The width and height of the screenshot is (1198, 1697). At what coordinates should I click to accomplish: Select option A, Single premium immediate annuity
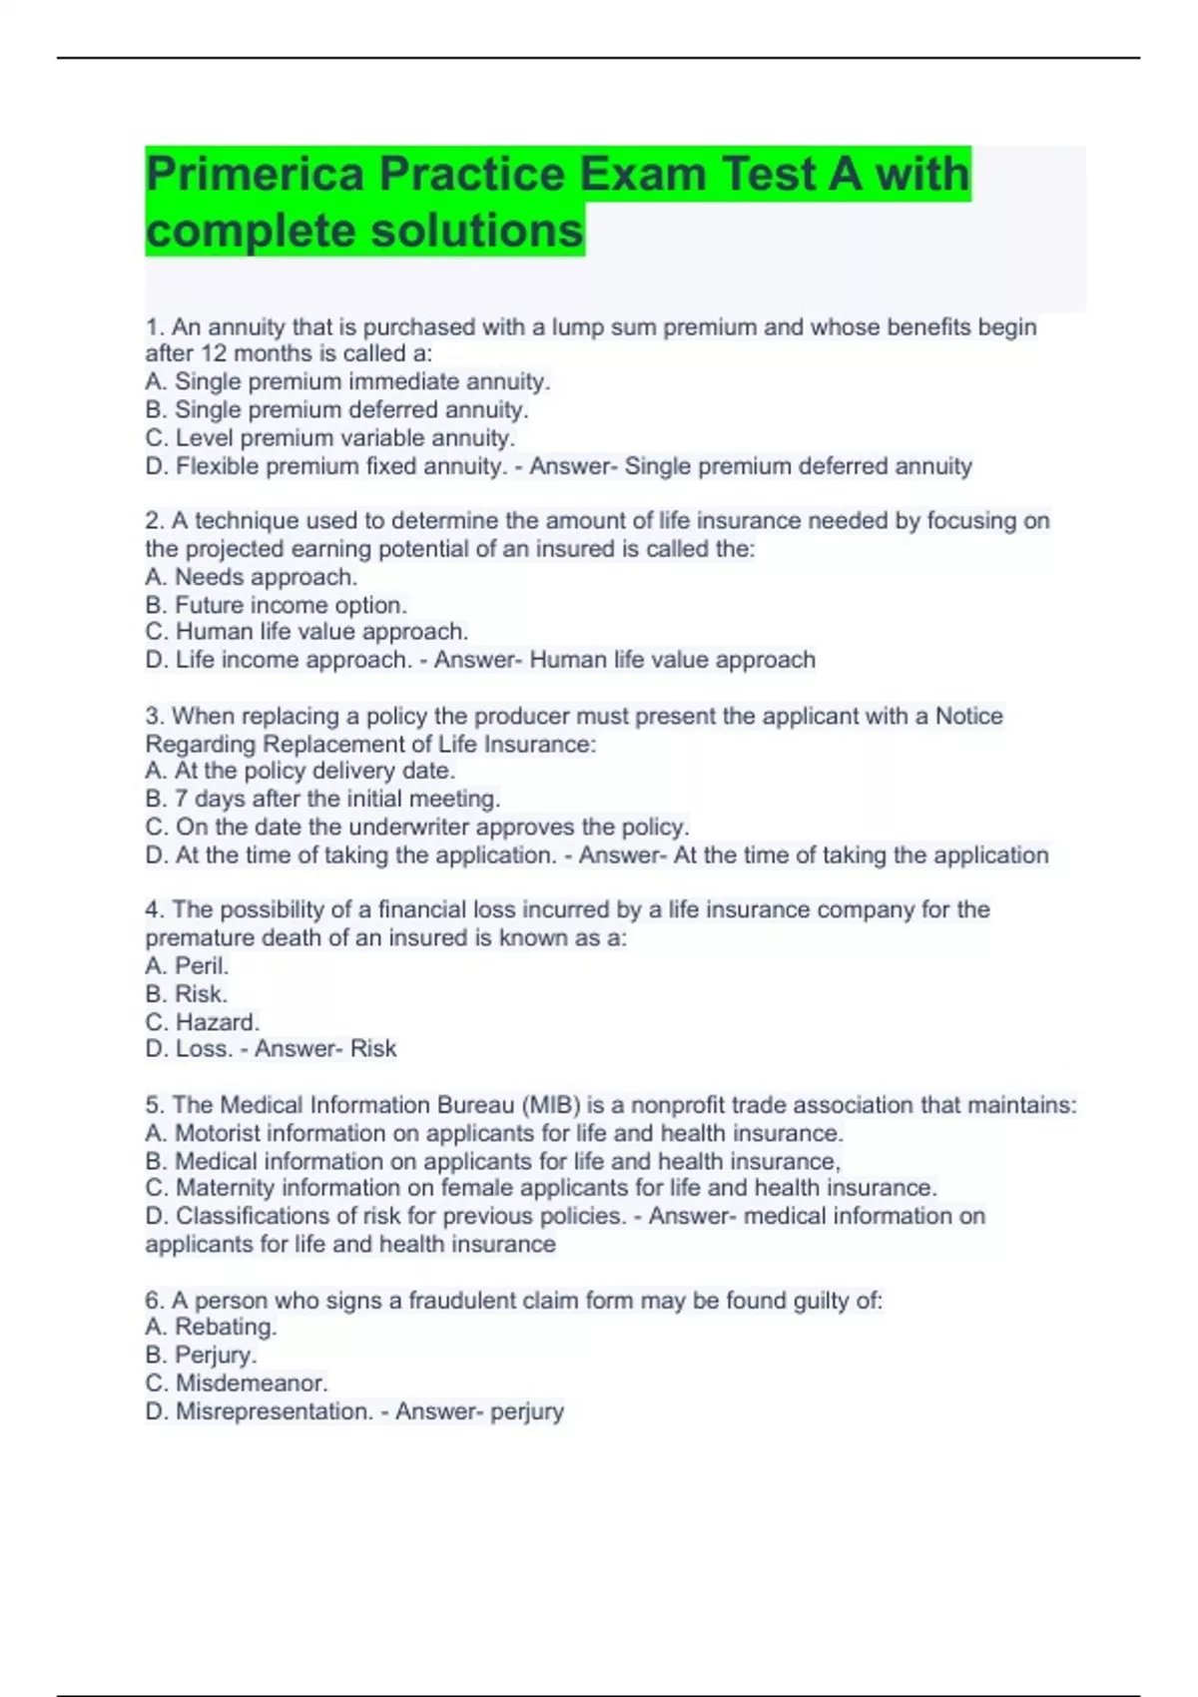click(x=347, y=381)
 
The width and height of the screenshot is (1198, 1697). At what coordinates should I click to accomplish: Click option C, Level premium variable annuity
click(x=329, y=437)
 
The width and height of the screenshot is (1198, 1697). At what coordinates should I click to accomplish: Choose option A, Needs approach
click(x=251, y=577)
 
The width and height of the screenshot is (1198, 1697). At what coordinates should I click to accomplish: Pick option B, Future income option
click(x=276, y=605)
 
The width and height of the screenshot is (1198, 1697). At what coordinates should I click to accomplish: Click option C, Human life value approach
click(x=306, y=632)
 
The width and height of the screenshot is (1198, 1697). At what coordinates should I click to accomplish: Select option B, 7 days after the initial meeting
click(x=322, y=799)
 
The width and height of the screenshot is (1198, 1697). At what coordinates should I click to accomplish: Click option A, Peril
click(x=187, y=965)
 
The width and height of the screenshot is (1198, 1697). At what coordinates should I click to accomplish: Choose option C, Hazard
click(x=202, y=1022)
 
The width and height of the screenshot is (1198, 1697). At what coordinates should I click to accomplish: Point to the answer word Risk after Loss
click(x=373, y=1048)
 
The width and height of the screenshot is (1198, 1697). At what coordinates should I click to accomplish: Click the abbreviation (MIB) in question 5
click(x=550, y=1105)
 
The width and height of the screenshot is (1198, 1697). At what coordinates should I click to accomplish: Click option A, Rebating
click(x=211, y=1327)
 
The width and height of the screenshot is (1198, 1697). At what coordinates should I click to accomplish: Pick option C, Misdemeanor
click(x=237, y=1384)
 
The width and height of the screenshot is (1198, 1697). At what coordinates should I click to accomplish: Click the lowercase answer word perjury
click(x=525, y=1412)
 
